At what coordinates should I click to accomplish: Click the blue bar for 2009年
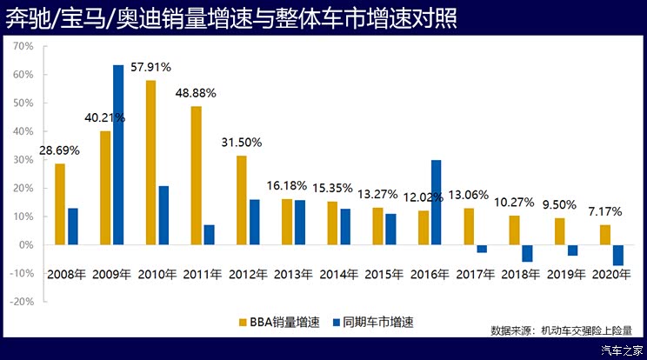point(118,155)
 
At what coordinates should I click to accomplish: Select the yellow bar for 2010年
point(150,162)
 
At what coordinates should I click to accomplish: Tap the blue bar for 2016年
point(436,202)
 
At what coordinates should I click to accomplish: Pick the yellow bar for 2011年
point(196,175)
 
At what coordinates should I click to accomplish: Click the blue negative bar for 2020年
point(617,255)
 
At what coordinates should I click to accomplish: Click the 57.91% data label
point(150,66)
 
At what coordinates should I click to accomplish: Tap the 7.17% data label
point(605,212)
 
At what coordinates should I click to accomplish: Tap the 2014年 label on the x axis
point(337,275)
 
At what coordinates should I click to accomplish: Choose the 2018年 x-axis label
point(519,275)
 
